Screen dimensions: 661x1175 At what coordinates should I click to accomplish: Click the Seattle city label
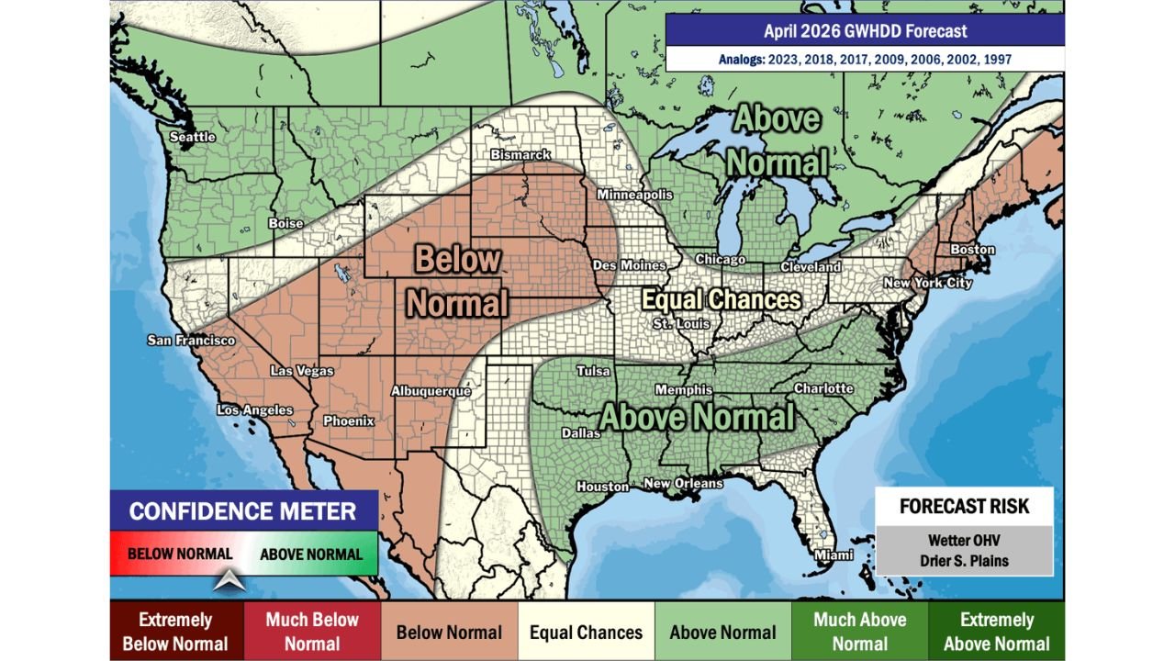tap(193, 137)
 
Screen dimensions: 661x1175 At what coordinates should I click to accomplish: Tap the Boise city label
tap(285, 223)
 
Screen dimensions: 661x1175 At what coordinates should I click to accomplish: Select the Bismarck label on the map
tap(520, 154)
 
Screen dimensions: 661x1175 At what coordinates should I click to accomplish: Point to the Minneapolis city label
tap(634, 195)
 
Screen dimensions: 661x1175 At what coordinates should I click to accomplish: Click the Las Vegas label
tap(301, 371)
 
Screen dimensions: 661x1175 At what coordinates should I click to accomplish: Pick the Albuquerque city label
tap(431, 391)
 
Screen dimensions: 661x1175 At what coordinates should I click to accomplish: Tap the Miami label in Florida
tap(834, 555)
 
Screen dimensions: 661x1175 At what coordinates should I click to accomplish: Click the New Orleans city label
tap(683, 483)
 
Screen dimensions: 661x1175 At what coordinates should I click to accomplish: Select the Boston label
tap(972, 250)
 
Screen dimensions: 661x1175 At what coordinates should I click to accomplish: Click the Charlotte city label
tap(823, 388)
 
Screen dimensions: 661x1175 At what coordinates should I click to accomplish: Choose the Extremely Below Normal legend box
tap(175, 632)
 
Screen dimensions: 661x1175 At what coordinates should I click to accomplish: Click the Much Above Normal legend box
tap(859, 632)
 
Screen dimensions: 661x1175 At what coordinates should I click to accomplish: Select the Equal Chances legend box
tap(586, 632)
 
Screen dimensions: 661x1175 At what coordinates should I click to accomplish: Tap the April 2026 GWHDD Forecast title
tap(865, 31)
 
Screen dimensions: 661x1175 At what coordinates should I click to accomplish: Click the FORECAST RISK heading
tap(964, 507)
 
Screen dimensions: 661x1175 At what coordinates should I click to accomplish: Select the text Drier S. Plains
tap(964, 561)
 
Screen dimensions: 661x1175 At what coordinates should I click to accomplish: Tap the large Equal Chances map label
tap(721, 299)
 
